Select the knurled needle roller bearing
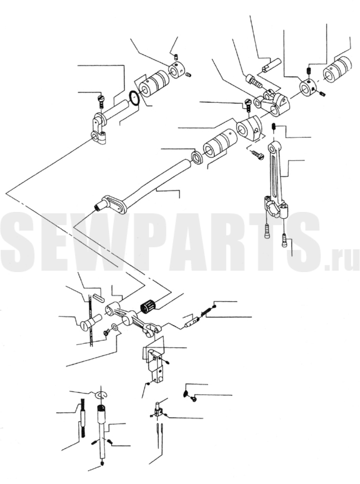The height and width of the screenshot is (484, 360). pos(148,307)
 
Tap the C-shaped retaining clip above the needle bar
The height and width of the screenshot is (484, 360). pos(101,395)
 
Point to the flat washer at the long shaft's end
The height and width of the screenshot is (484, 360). pos(196,156)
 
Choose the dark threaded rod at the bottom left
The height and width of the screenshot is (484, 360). pos(83,419)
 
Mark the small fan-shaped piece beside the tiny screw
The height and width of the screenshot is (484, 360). pos(186,393)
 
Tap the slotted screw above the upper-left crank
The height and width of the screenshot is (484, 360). pos(101,101)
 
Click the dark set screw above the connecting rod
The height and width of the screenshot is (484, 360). pos(274,126)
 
